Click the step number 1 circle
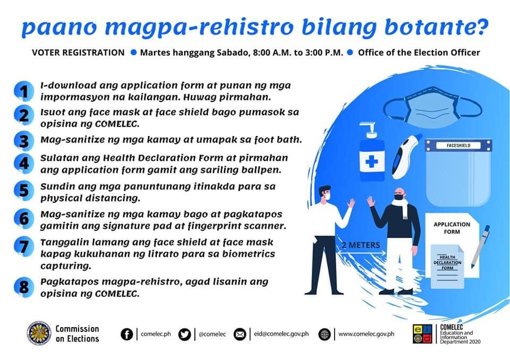pos(24,91)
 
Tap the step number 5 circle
pos(24,190)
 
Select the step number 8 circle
pos(24,287)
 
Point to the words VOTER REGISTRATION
pos(79,53)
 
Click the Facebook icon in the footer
pos(127,334)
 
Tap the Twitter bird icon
pos(184,335)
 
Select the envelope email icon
pos(240,335)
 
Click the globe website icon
pos(324,335)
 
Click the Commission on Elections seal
pos(39,333)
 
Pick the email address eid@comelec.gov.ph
pos(282,334)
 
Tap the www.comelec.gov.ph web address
pos(366,334)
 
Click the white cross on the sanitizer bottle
pos(372,161)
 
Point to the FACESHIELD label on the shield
pos(458,145)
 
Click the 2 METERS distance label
pos(361,245)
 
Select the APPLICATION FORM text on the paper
pos(452,228)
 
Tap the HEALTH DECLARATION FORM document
pos(447,267)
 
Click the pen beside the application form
pos(481,246)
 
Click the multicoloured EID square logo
pos(422,334)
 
